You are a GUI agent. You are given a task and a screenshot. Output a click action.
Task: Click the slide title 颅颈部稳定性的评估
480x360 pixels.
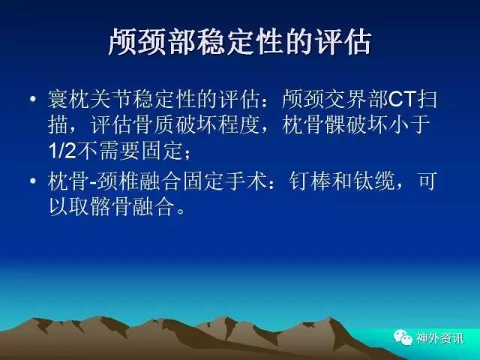point(240,41)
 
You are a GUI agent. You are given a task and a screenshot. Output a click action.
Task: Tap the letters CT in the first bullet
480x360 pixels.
point(402,99)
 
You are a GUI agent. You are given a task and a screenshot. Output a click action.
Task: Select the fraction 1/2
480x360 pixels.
point(61,150)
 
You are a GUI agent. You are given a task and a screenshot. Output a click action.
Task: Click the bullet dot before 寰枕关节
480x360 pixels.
point(33,99)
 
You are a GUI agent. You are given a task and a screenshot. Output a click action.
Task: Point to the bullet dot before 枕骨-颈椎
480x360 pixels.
point(33,181)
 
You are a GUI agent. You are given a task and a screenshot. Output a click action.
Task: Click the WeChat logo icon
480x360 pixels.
point(403,337)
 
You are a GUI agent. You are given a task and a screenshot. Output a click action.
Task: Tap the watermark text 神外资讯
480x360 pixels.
point(439,338)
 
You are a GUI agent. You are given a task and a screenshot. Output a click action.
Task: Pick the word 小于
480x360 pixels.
point(409,125)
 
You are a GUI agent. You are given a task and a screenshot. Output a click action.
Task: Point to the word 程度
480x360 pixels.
point(239,125)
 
